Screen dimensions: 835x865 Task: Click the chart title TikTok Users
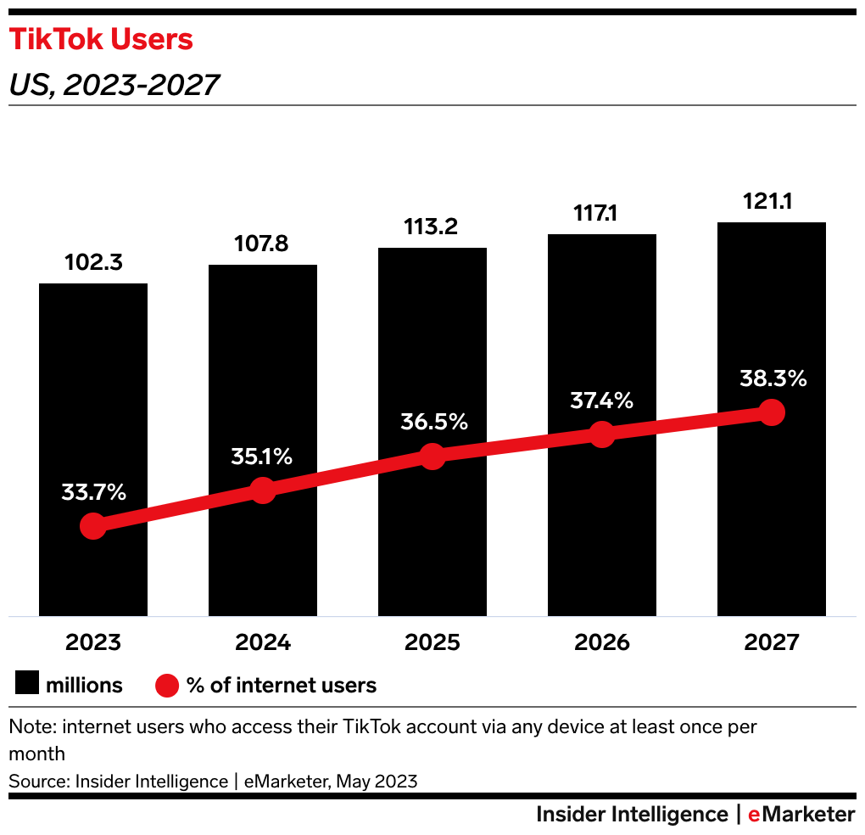click(101, 40)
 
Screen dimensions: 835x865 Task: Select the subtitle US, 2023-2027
click(114, 85)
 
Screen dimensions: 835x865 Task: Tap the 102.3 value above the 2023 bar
click(93, 263)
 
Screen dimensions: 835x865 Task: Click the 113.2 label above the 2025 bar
click(432, 227)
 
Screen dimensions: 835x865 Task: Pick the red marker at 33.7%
click(93, 526)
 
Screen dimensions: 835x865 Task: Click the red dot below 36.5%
click(432, 456)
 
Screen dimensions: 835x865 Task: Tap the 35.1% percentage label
click(262, 457)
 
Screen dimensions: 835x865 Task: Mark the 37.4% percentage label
click(601, 401)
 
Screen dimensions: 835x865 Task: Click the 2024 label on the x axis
click(263, 642)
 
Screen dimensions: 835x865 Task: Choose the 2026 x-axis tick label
click(602, 642)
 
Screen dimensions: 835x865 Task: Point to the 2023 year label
click(93, 642)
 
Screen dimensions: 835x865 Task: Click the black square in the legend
click(28, 684)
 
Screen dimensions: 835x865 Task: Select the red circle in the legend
click(167, 685)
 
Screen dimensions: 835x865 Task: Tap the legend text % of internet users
click(282, 685)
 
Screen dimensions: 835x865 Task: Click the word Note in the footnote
click(31, 727)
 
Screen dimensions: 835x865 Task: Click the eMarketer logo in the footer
click(801, 815)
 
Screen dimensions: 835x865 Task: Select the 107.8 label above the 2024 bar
click(262, 244)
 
